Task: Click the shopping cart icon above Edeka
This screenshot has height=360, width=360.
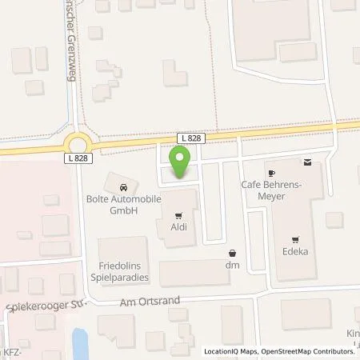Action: (297, 238)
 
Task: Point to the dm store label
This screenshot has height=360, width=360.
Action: (233, 264)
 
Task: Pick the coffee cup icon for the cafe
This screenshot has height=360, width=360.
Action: (271, 173)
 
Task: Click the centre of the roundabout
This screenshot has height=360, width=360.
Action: (78, 144)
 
